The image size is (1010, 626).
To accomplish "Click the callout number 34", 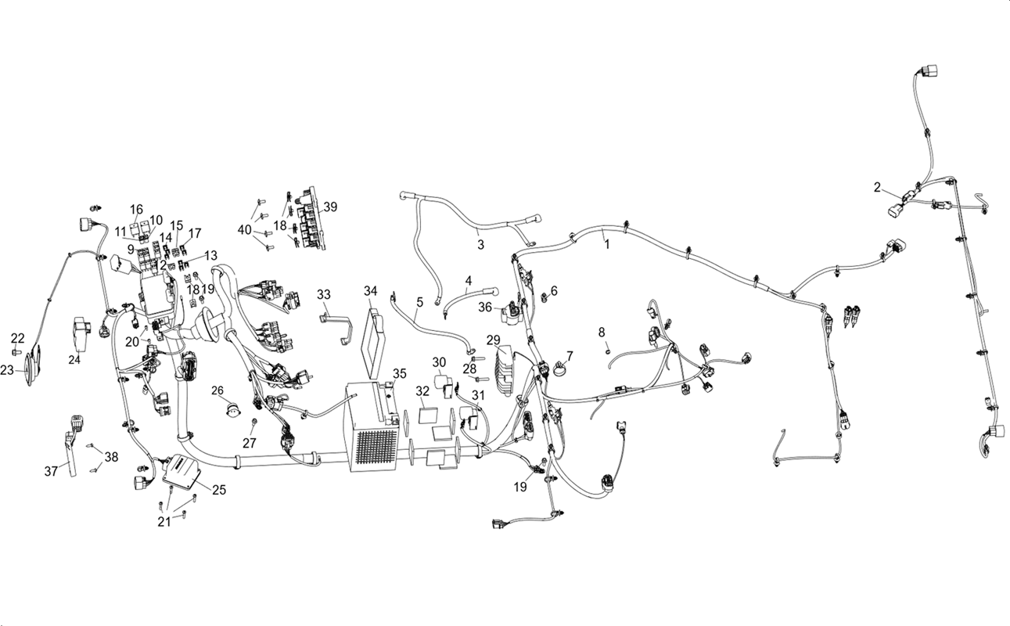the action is (370, 291).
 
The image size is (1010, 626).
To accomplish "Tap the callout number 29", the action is (494, 340).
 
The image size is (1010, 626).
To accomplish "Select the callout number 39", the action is (330, 207).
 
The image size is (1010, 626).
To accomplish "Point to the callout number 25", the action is (219, 489).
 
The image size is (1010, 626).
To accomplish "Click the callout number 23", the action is (7, 370).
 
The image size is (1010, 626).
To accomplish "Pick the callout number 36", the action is (485, 308).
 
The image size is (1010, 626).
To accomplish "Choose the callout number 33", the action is (324, 294).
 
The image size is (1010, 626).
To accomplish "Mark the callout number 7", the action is (570, 356).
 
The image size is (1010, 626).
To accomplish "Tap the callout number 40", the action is (245, 229).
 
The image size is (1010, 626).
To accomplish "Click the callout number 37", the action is (51, 471).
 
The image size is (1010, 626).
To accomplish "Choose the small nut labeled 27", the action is (255, 421).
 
